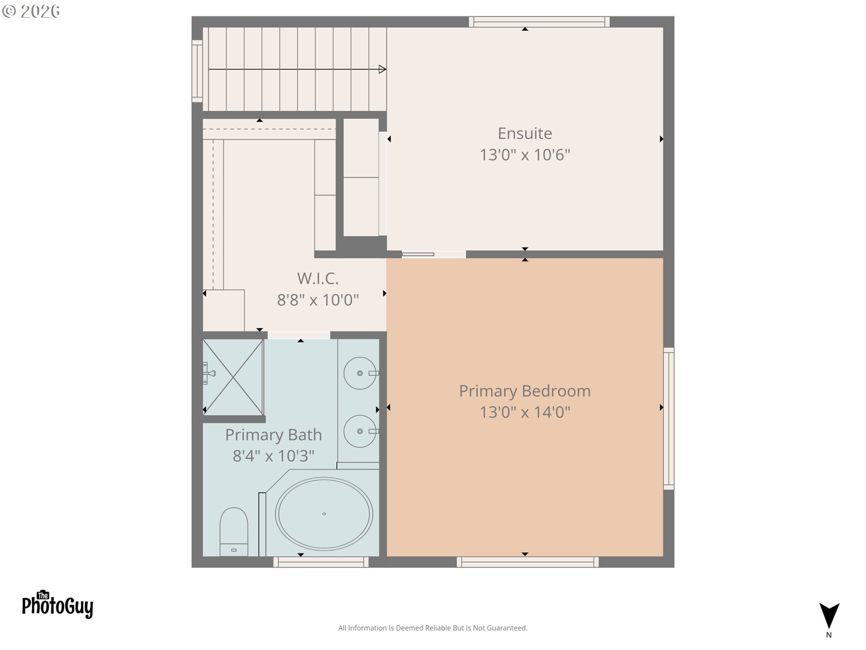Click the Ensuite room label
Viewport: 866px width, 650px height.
[x=525, y=133]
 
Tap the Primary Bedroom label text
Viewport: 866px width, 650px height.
[x=525, y=391]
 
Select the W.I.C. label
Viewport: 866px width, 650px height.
[x=318, y=279]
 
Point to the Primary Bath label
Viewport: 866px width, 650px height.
[x=273, y=435]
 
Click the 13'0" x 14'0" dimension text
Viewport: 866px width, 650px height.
[x=525, y=412]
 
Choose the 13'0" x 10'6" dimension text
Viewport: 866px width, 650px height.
[x=525, y=155]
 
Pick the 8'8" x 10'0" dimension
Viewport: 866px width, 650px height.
[x=318, y=300]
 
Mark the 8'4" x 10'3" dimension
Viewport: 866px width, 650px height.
[x=273, y=456]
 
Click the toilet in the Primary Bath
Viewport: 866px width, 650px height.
[x=234, y=532]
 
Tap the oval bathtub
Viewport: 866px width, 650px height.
[x=324, y=514]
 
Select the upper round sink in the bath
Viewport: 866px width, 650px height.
[x=360, y=373]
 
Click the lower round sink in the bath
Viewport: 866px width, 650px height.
[x=360, y=432]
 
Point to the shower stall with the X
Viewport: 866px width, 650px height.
[x=233, y=377]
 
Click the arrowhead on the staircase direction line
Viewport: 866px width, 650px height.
[x=382, y=69]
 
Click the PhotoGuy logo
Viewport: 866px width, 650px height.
[x=57, y=604]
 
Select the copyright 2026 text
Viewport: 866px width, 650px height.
[x=31, y=11]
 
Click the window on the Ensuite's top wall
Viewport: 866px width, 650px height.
[x=539, y=22]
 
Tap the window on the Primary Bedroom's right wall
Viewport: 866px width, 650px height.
[x=668, y=418]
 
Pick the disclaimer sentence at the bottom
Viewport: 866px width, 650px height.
[x=433, y=628]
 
